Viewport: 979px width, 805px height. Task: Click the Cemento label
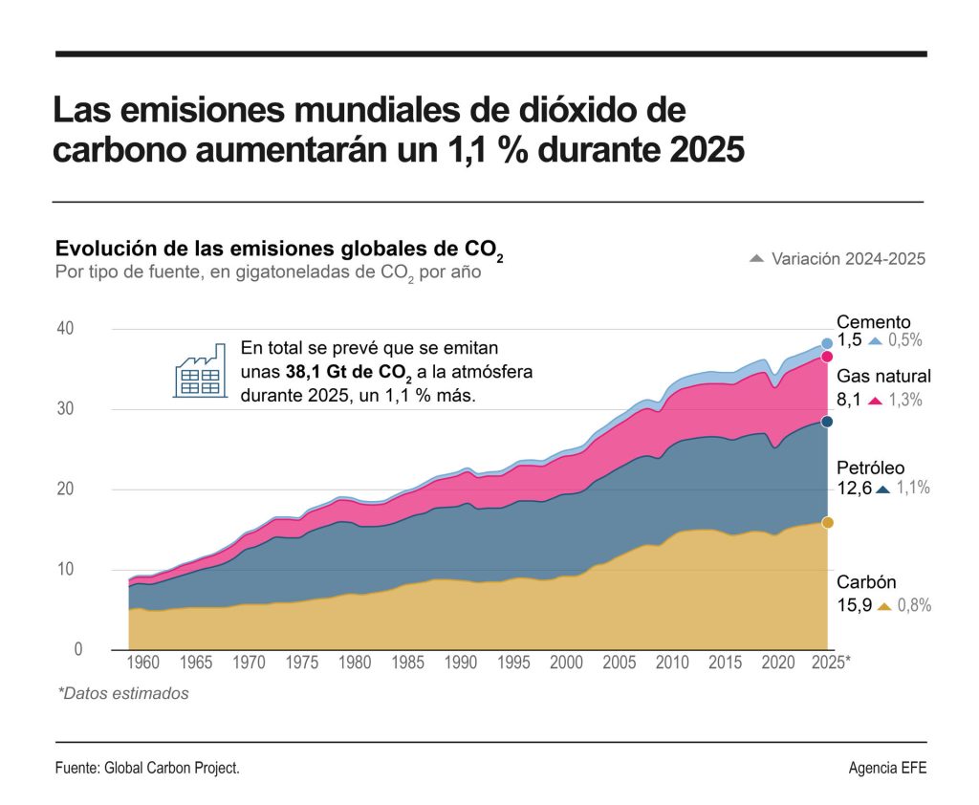click(x=873, y=322)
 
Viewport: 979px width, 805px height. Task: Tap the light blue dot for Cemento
click(x=827, y=344)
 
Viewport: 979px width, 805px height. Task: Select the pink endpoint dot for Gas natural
click(x=827, y=357)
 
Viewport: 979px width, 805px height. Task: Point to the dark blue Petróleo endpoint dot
click(x=827, y=422)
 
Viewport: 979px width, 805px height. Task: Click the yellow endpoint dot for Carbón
click(x=827, y=522)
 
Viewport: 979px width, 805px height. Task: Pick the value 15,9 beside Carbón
click(x=855, y=605)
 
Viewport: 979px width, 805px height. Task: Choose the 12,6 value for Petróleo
click(x=855, y=489)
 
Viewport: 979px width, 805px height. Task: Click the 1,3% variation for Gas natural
click(x=905, y=401)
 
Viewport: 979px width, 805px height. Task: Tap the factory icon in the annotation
click(x=200, y=371)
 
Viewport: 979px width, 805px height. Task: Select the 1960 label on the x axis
click(x=142, y=662)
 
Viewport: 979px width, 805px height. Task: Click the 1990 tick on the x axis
click(x=460, y=662)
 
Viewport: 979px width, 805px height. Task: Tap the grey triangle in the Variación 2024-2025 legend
click(x=756, y=259)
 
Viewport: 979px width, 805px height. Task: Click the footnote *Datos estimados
click(x=123, y=694)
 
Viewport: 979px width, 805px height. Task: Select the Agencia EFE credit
click(x=887, y=769)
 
